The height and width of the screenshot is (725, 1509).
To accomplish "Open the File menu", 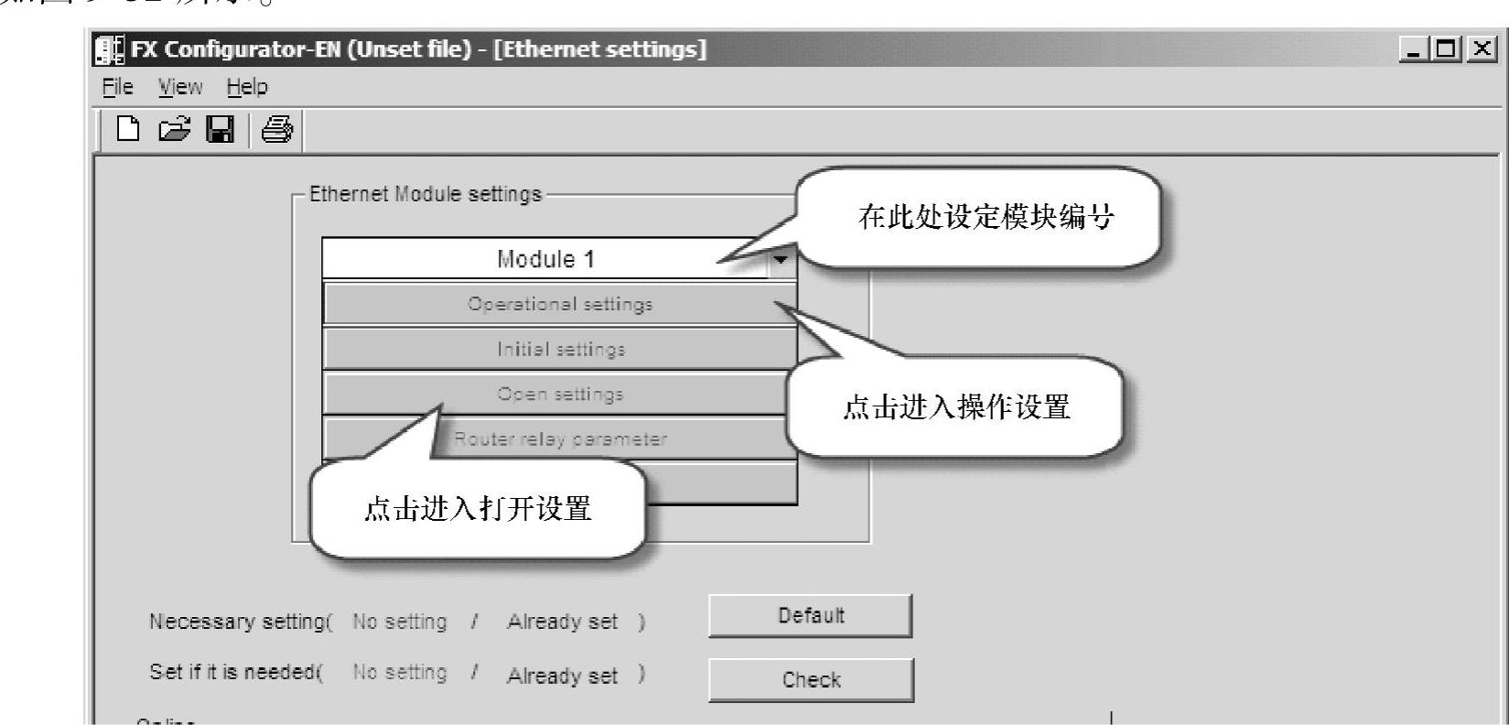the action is [117, 87].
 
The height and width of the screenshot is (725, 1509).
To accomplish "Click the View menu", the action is [179, 87].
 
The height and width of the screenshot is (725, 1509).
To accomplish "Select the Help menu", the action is [247, 87].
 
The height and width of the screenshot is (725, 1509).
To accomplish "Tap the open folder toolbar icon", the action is [172, 131].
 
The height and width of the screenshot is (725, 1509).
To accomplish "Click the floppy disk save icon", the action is [219, 131].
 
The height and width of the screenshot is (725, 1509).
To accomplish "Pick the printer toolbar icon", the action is [276, 131].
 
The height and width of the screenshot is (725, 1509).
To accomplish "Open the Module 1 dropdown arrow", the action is [781, 259].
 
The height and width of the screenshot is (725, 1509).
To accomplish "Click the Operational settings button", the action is [560, 303].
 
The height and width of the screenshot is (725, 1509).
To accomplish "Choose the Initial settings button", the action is [560, 349].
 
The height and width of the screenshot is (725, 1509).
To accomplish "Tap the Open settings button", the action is [560, 394].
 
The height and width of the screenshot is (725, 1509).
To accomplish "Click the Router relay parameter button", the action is [560, 438].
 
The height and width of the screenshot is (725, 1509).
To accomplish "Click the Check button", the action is [811, 679].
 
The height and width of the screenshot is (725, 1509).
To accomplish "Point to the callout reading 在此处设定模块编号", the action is [986, 217].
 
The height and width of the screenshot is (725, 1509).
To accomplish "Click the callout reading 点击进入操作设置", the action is [955, 407].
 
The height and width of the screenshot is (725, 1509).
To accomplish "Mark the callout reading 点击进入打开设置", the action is [478, 508].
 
